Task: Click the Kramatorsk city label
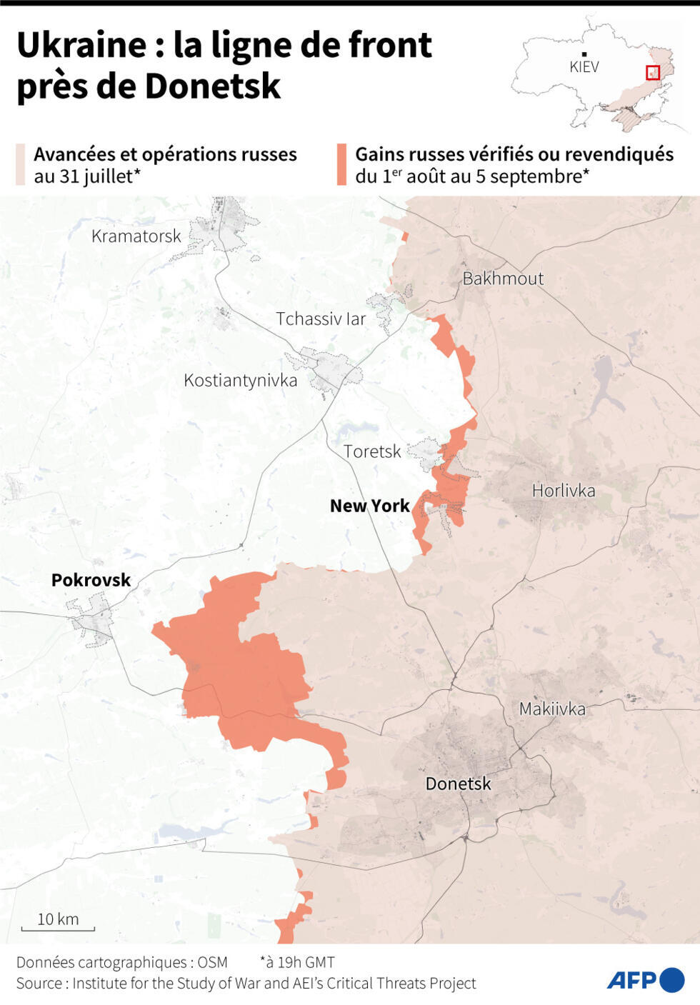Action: click(136, 236)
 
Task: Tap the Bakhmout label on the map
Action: click(503, 279)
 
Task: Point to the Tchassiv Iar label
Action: click(321, 319)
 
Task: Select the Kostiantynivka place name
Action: click(240, 380)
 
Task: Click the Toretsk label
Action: click(372, 451)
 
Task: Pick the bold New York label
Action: click(369, 506)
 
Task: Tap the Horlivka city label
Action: click(563, 491)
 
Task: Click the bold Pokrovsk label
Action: click(91, 580)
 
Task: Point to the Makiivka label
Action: click(551, 709)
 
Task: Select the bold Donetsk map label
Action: click(458, 784)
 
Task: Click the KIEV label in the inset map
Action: click(584, 67)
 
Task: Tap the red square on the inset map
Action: click(652, 72)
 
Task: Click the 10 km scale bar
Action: click(58, 928)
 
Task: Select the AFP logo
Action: click(645, 979)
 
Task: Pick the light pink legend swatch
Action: click(21, 165)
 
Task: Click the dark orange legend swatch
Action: click(341, 165)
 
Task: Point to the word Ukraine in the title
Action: click(81, 45)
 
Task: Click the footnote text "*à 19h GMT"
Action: click(296, 962)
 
